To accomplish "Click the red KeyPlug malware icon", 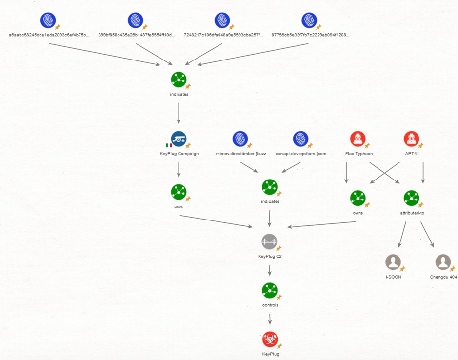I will tap(269, 339).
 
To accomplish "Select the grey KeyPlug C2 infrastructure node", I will tap(269, 241).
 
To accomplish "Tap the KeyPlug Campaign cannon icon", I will tap(179, 139).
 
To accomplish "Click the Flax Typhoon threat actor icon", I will tap(358, 139).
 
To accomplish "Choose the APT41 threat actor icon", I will tap(412, 139).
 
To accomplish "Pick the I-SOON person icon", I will tap(393, 262).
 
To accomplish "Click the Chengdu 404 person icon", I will tap(443, 262).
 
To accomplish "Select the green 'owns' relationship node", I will tap(358, 198).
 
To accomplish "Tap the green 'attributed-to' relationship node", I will tap(411, 198).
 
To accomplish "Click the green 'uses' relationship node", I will tap(179, 192).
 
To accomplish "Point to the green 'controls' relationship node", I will tap(269, 290).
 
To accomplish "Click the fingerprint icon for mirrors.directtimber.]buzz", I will tap(240, 139).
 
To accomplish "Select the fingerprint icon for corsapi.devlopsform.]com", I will tap(300, 139).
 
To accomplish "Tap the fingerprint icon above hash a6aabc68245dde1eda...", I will tap(48, 20).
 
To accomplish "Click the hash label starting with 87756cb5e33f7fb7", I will tap(310, 35).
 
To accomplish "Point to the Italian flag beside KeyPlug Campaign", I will tap(169, 145).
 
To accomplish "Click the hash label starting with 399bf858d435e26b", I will tap(136, 35).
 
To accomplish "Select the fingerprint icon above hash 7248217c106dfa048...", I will tap(222, 20).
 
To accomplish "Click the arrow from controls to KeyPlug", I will tap(270, 320).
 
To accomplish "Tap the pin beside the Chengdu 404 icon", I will tap(452, 269).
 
